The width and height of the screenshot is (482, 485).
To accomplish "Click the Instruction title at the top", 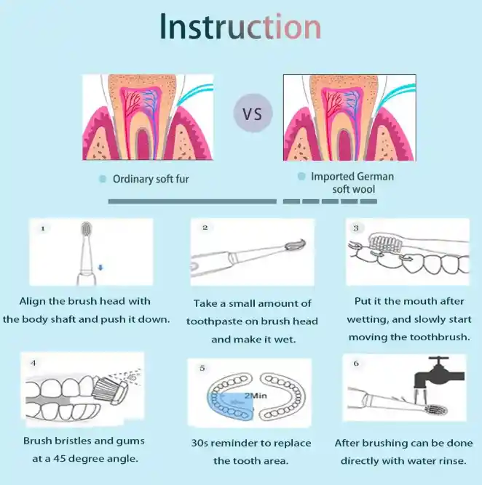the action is pyautogui.click(x=240, y=27).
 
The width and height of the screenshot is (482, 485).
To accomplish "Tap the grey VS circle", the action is pyautogui.click(x=253, y=113).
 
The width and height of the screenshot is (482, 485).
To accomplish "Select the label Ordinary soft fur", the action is pyautogui.click(x=151, y=179).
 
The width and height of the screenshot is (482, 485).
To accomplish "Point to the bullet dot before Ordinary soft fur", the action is pyautogui.click(x=103, y=179).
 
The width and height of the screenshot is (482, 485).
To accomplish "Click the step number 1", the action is pyautogui.click(x=43, y=228).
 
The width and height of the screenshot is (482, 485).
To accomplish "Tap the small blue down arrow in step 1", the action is pyautogui.click(x=100, y=268).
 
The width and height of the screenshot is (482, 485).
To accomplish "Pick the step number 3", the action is pyautogui.click(x=356, y=228).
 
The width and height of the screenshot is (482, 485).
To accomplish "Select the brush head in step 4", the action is pyautogui.click(x=111, y=390).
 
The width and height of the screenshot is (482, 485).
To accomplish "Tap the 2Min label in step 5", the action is pyautogui.click(x=256, y=396).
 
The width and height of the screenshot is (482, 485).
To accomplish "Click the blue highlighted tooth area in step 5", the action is pyautogui.click(x=231, y=406).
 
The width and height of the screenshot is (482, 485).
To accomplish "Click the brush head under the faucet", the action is pyautogui.click(x=437, y=410).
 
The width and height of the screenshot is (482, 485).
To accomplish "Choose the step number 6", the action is pyautogui.click(x=356, y=363).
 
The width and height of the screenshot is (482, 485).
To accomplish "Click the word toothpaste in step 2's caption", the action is pyautogui.click(x=214, y=321).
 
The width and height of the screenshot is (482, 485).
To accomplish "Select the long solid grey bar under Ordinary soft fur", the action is pyautogui.click(x=192, y=201).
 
